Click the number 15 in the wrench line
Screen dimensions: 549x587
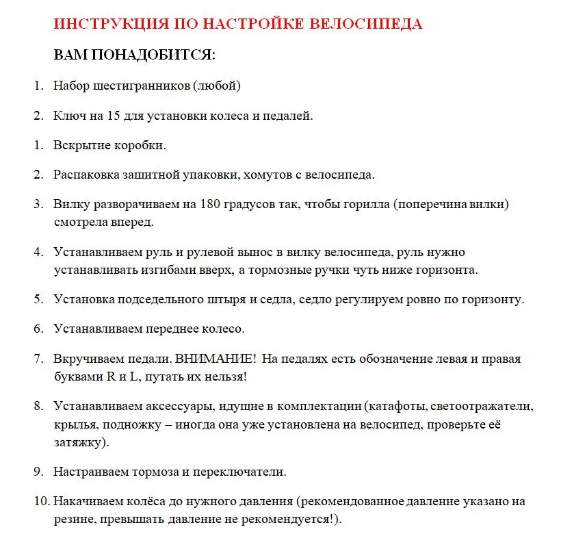coord(113,116)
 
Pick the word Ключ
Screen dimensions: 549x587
coord(68,116)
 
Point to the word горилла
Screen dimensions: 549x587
coord(367,204)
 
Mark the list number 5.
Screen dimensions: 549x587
coord(38,300)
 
